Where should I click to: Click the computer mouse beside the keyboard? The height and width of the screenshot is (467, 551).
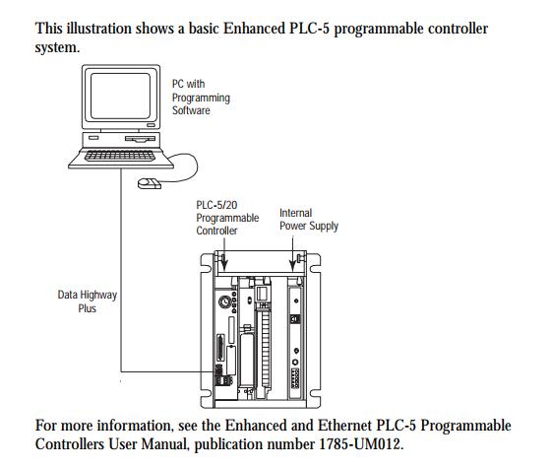(149, 183)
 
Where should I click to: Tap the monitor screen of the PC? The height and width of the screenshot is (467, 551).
(120, 97)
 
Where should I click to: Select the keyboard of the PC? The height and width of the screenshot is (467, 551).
(120, 156)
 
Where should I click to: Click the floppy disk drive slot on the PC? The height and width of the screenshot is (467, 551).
(140, 139)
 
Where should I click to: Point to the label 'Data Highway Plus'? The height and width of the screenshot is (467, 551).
(88, 301)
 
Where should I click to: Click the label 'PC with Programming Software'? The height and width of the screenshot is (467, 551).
(201, 98)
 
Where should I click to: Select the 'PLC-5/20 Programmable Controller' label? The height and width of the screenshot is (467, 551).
(227, 218)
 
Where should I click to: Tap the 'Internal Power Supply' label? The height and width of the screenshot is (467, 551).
(309, 220)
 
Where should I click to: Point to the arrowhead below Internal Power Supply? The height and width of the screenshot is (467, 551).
(292, 265)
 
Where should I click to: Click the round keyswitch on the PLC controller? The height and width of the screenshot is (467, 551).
(224, 301)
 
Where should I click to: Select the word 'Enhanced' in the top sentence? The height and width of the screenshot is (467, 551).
(254, 29)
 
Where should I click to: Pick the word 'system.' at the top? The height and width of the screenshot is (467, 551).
(57, 47)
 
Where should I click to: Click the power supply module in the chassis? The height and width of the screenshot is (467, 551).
(295, 338)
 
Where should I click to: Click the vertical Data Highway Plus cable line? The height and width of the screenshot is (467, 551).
(121, 270)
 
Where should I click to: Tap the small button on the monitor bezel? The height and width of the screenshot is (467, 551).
(152, 125)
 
